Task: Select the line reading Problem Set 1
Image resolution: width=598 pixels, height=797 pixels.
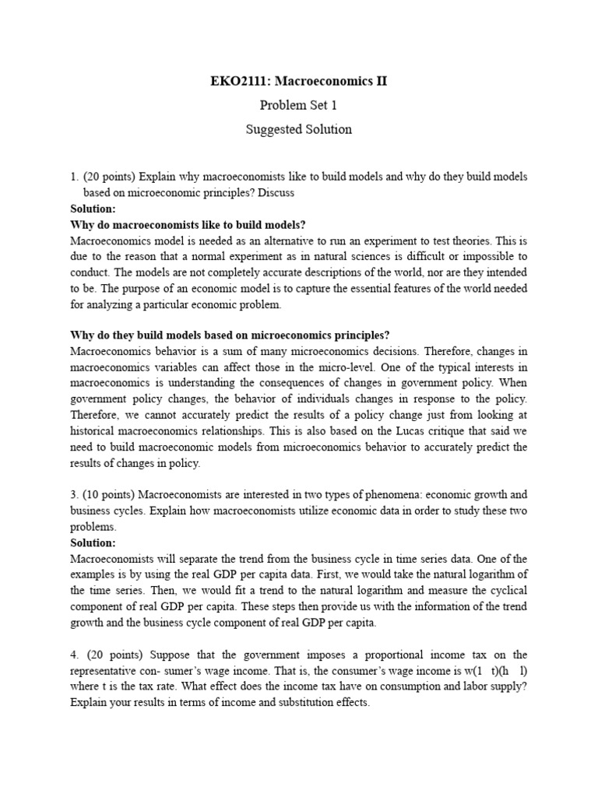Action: click(x=299, y=105)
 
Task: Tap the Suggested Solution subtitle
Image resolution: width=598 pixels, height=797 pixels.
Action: click(x=299, y=129)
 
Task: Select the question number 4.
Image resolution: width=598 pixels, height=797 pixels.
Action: click(x=74, y=655)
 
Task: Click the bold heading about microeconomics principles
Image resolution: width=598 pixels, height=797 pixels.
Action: click(x=230, y=335)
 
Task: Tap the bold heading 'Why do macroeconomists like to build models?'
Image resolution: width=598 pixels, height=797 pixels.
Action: click(x=188, y=224)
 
